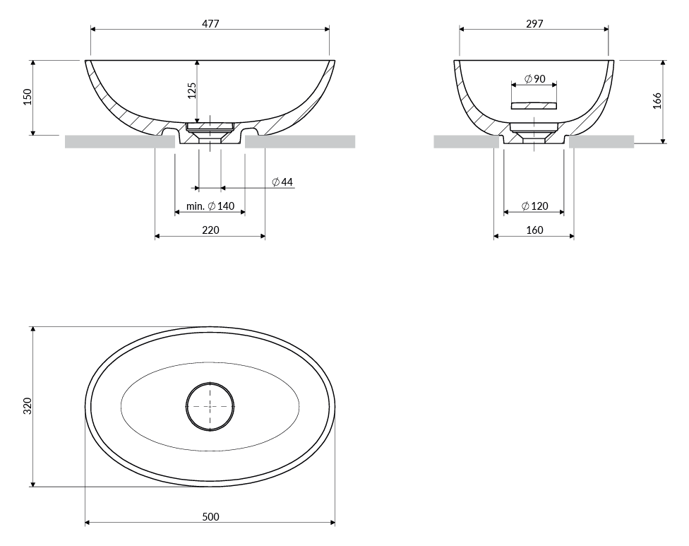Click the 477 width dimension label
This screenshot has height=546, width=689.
click(210, 24)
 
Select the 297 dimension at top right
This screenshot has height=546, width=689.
click(534, 24)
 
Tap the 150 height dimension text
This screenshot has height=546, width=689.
click(28, 97)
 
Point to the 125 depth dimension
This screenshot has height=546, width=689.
click(192, 90)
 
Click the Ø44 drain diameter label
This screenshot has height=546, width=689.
click(282, 182)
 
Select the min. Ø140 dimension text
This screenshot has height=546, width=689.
click(210, 206)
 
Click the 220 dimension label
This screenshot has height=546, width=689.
click(210, 230)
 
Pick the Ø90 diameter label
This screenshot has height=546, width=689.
click(535, 78)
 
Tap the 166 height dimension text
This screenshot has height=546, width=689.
click(657, 101)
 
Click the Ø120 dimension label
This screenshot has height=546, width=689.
click(535, 206)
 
